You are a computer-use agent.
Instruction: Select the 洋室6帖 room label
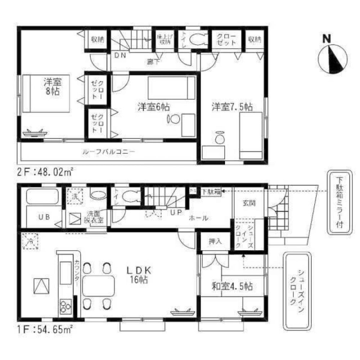[x=153, y=107]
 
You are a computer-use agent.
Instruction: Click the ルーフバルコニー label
[x=108, y=152]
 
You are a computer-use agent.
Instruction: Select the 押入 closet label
[x=215, y=242]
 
